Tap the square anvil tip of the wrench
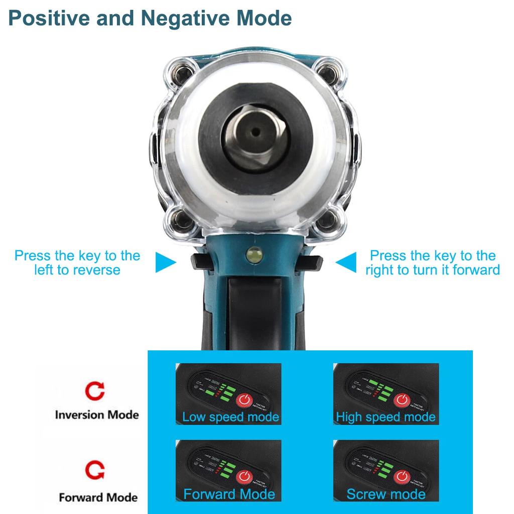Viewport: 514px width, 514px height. click(x=256, y=132)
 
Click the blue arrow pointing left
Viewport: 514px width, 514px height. click(x=346, y=263)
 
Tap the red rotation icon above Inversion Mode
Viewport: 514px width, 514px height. click(x=95, y=391)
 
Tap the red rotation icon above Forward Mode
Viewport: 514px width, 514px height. click(x=95, y=471)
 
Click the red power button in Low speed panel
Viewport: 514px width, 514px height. click(x=244, y=400)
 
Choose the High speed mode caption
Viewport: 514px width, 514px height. click(x=385, y=417)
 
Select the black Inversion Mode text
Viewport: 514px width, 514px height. click(x=96, y=415)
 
